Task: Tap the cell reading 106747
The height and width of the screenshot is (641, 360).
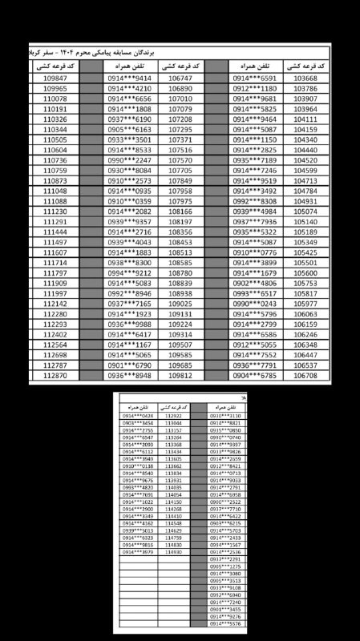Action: [x=181, y=79]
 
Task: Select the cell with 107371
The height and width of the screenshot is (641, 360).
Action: [x=181, y=139]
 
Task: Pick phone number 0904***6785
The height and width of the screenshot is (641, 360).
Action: [x=255, y=375]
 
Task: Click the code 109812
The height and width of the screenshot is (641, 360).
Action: [x=181, y=375]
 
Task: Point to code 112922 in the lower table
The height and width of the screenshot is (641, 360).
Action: [x=173, y=417]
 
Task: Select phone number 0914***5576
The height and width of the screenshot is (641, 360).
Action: [x=225, y=622]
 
